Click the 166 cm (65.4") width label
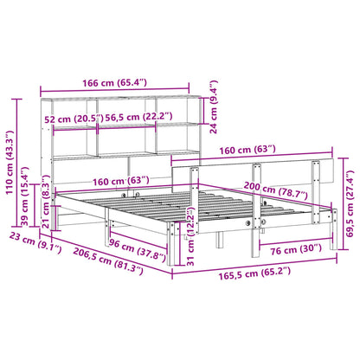tap(114, 83)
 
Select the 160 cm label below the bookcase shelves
tap(114, 181)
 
